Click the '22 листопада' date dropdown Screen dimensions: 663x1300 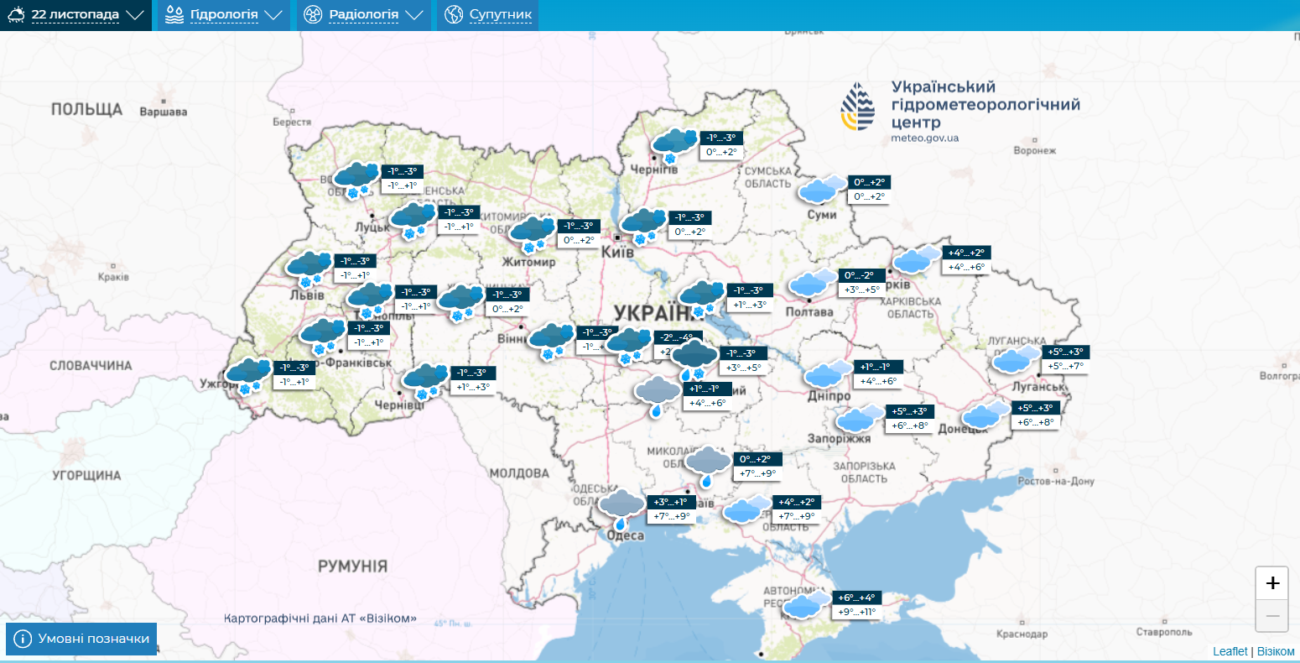pyautogui.click(x=75, y=15)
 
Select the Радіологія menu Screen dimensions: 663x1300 pyautogui.click(x=363, y=15)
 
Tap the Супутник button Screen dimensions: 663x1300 pyautogui.click(x=488, y=15)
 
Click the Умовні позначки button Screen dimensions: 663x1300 pyautogui.click(x=81, y=639)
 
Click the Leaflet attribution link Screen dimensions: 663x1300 pyautogui.click(x=1230, y=651)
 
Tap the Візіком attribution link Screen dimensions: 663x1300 pyautogui.click(x=1276, y=651)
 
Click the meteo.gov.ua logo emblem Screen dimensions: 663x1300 pyautogui.click(x=857, y=107)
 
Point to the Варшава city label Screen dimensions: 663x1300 pyautogui.click(x=163, y=112)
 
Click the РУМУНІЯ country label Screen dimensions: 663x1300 pyautogui.click(x=352, y=566)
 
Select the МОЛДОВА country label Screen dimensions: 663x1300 pyautogui.click(x=518, y=473)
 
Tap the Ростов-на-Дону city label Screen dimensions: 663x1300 pyautogui.click(x=1056, y=482)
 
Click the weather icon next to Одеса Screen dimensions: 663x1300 pyautogui.click(x=621, y=508)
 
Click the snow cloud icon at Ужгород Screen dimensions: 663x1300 pyautogui.click(x=248, y=374)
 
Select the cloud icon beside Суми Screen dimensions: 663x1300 pyautogui.click(x=822, y=191)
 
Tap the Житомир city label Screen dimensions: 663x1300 pyautogui.click(x=528, y=262)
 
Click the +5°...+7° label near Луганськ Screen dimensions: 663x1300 pyautogui.click(x=1065, y=366)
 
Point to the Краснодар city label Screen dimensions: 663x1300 pyautogui.click(x=1022, y=634)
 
